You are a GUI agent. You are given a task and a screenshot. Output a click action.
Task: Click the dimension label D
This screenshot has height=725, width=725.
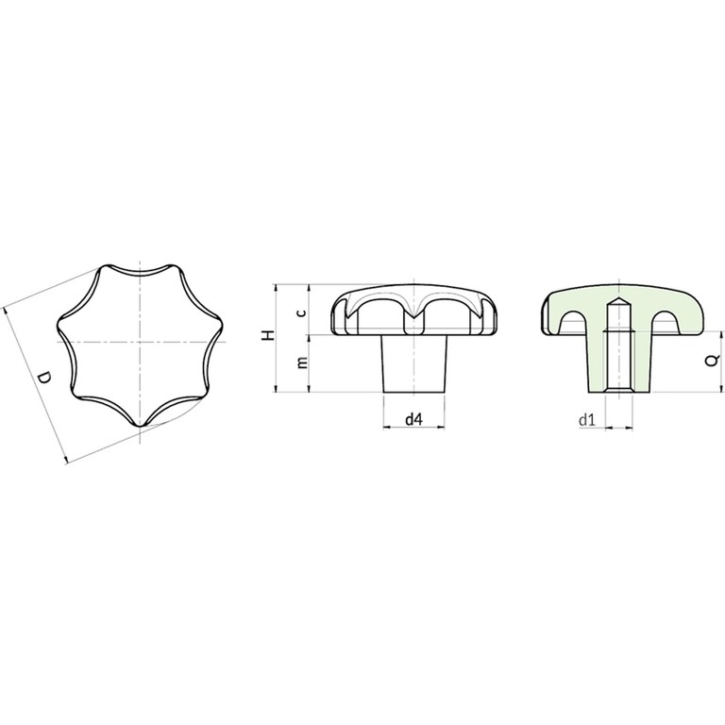click(44, 378)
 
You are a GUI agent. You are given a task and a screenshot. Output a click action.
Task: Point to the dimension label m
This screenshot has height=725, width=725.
click(302, 362)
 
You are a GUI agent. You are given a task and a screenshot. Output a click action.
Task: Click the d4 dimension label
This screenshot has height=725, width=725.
click(413, 419)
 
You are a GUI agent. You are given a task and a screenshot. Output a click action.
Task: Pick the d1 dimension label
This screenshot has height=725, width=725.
click(587, 420)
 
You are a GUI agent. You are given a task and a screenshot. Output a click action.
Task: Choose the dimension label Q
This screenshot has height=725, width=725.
click(713, 360)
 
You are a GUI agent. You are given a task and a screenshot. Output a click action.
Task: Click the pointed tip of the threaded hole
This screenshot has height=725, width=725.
click(618, 298)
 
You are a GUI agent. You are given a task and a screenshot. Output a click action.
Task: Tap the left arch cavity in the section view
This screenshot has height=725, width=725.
click(573, 322)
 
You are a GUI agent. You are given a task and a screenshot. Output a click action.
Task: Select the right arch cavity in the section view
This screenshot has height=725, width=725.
click(665, 322)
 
